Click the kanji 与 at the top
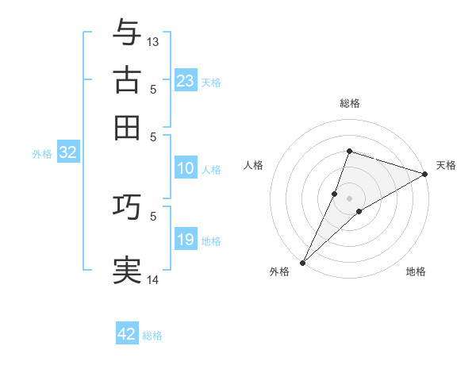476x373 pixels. coord(127,33)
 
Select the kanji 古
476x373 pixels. coord(127,80)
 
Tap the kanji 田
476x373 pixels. coord(127,127)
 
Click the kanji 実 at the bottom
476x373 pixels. coord(127,271)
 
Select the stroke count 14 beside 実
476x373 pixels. coord(153,279)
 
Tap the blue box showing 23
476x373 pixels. coord(185,80)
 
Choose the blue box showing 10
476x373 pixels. coord(185,168)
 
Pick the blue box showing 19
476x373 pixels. coord(185,240)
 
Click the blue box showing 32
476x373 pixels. coord(67,153)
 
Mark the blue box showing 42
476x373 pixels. coord(127,334)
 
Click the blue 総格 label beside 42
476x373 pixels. coord(152,336)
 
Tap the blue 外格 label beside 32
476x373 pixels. coord(42,154)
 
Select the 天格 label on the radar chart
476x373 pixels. coord(446,165)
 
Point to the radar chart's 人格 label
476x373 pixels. coord(253,165)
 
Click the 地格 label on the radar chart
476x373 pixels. coord(416,271)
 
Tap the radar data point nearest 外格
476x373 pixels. coord(302,263)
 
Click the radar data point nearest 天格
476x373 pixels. coord(425,175)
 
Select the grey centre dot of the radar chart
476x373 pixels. coord(349,198)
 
